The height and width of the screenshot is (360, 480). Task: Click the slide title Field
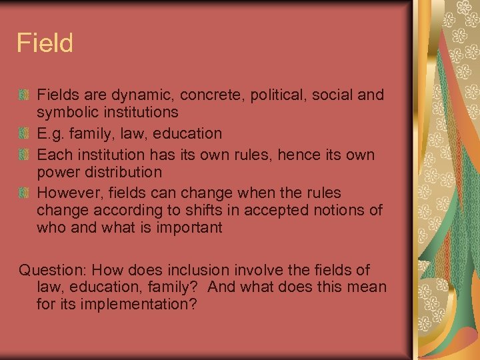click(x=45, y=44)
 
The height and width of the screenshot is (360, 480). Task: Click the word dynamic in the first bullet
click(x=136, y=95)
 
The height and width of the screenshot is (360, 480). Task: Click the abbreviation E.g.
click(x=50, y=134)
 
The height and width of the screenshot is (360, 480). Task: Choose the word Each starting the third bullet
click(x=53, y=155)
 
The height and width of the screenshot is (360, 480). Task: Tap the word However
click(x=69, y=193)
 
